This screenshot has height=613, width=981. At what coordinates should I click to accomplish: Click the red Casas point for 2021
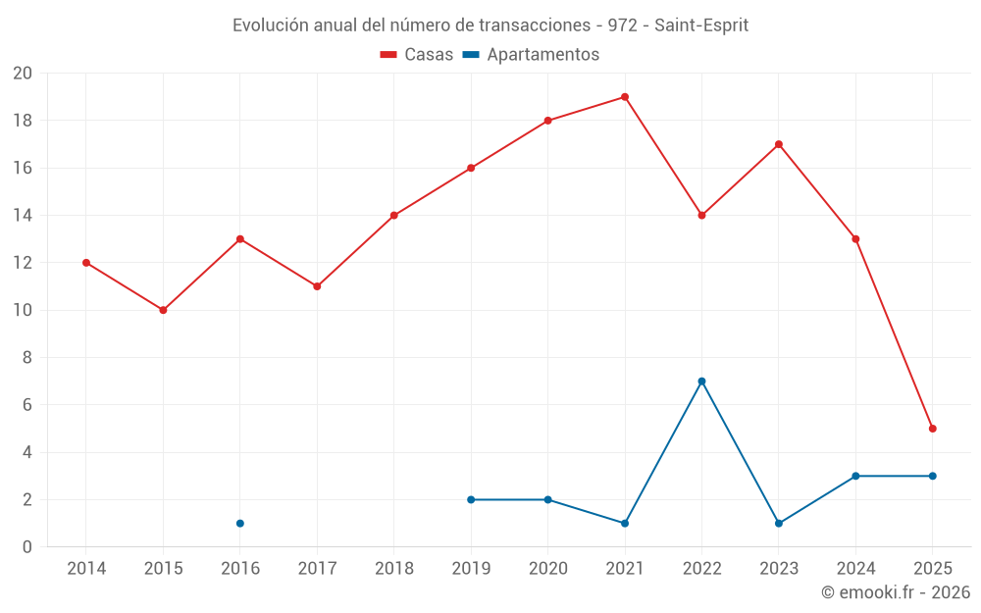point(625,97)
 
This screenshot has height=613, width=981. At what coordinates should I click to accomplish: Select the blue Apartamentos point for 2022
point(701,382)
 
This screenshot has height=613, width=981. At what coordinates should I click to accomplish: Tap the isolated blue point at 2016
point(240,524)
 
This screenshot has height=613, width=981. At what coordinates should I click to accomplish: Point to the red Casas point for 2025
point(933,429)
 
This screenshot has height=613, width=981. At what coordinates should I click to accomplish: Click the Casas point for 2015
point(163,310)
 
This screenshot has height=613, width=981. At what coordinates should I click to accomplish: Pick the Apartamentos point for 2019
point(471,500)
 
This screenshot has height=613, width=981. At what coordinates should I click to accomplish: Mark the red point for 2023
point(779,144)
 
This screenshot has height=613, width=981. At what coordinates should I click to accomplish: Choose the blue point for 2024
point(855,476)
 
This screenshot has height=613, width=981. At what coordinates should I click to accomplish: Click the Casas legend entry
point(417,55)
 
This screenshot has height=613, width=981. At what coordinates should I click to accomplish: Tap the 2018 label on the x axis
point(393,569)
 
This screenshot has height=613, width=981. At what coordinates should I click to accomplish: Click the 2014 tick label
point(86,569)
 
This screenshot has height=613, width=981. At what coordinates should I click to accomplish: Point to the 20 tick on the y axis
point(23,74)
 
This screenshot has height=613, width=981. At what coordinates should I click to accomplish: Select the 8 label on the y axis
point(27,358)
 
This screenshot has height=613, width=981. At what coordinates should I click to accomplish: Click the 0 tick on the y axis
point(27,547)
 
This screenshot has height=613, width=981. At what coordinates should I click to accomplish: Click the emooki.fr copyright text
point(896,592)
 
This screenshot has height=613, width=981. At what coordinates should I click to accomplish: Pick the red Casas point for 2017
point(317,286)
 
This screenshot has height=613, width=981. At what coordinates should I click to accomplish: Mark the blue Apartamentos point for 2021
point(625,524)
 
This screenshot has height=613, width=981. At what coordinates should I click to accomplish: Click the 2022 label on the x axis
point(701,569)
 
